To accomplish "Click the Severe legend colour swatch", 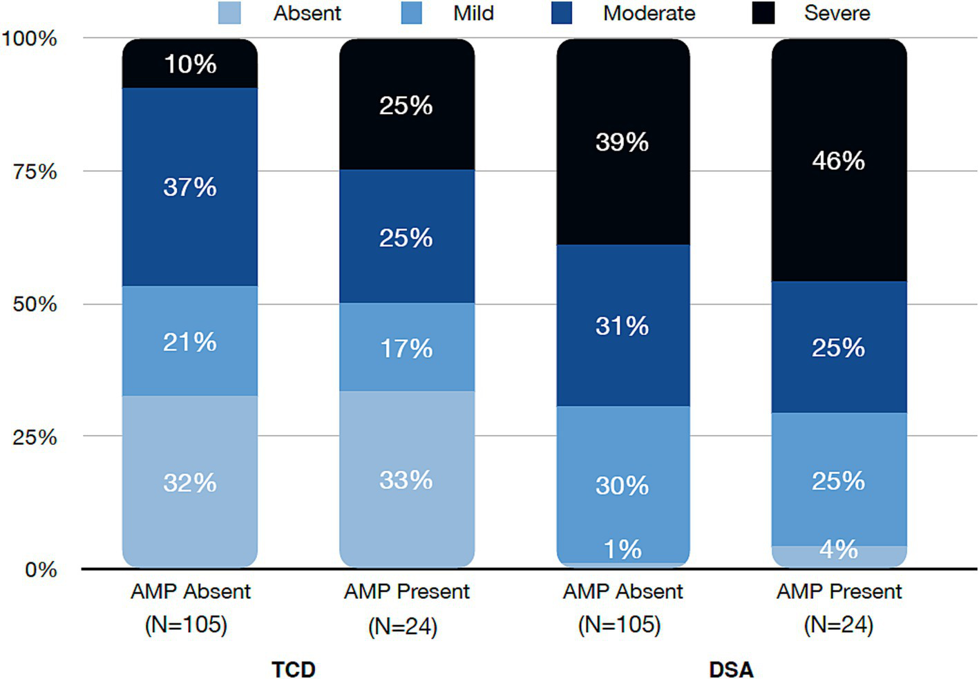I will (x=763, y=13).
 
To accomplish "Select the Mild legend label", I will (x=473, y=13).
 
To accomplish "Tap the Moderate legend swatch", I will (x=562, y=13).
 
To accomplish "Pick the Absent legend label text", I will (x=307, y=13).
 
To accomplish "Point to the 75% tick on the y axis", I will (x=35, y=171).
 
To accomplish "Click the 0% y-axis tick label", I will (x=41, y=570).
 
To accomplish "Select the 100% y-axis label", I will (x=29, y=38).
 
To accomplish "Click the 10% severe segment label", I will (x=190, y=64).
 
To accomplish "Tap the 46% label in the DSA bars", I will (x=838, y=161).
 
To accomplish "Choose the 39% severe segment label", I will (x=622, y=142).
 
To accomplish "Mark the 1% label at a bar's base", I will (x=622, y=550).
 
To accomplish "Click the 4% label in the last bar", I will (x=839, y=550).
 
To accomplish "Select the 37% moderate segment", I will (x=190, y=187).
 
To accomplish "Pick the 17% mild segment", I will (x=406, y=348).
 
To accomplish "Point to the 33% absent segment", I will (x=406, y=480).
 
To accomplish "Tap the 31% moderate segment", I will (x=622, y=326).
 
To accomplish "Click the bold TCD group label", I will (x=294, y=669).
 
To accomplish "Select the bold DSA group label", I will (x=731, y=669).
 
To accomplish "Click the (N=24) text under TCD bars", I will (x=403, y=627).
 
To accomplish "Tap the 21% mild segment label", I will (x=190, y=342).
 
